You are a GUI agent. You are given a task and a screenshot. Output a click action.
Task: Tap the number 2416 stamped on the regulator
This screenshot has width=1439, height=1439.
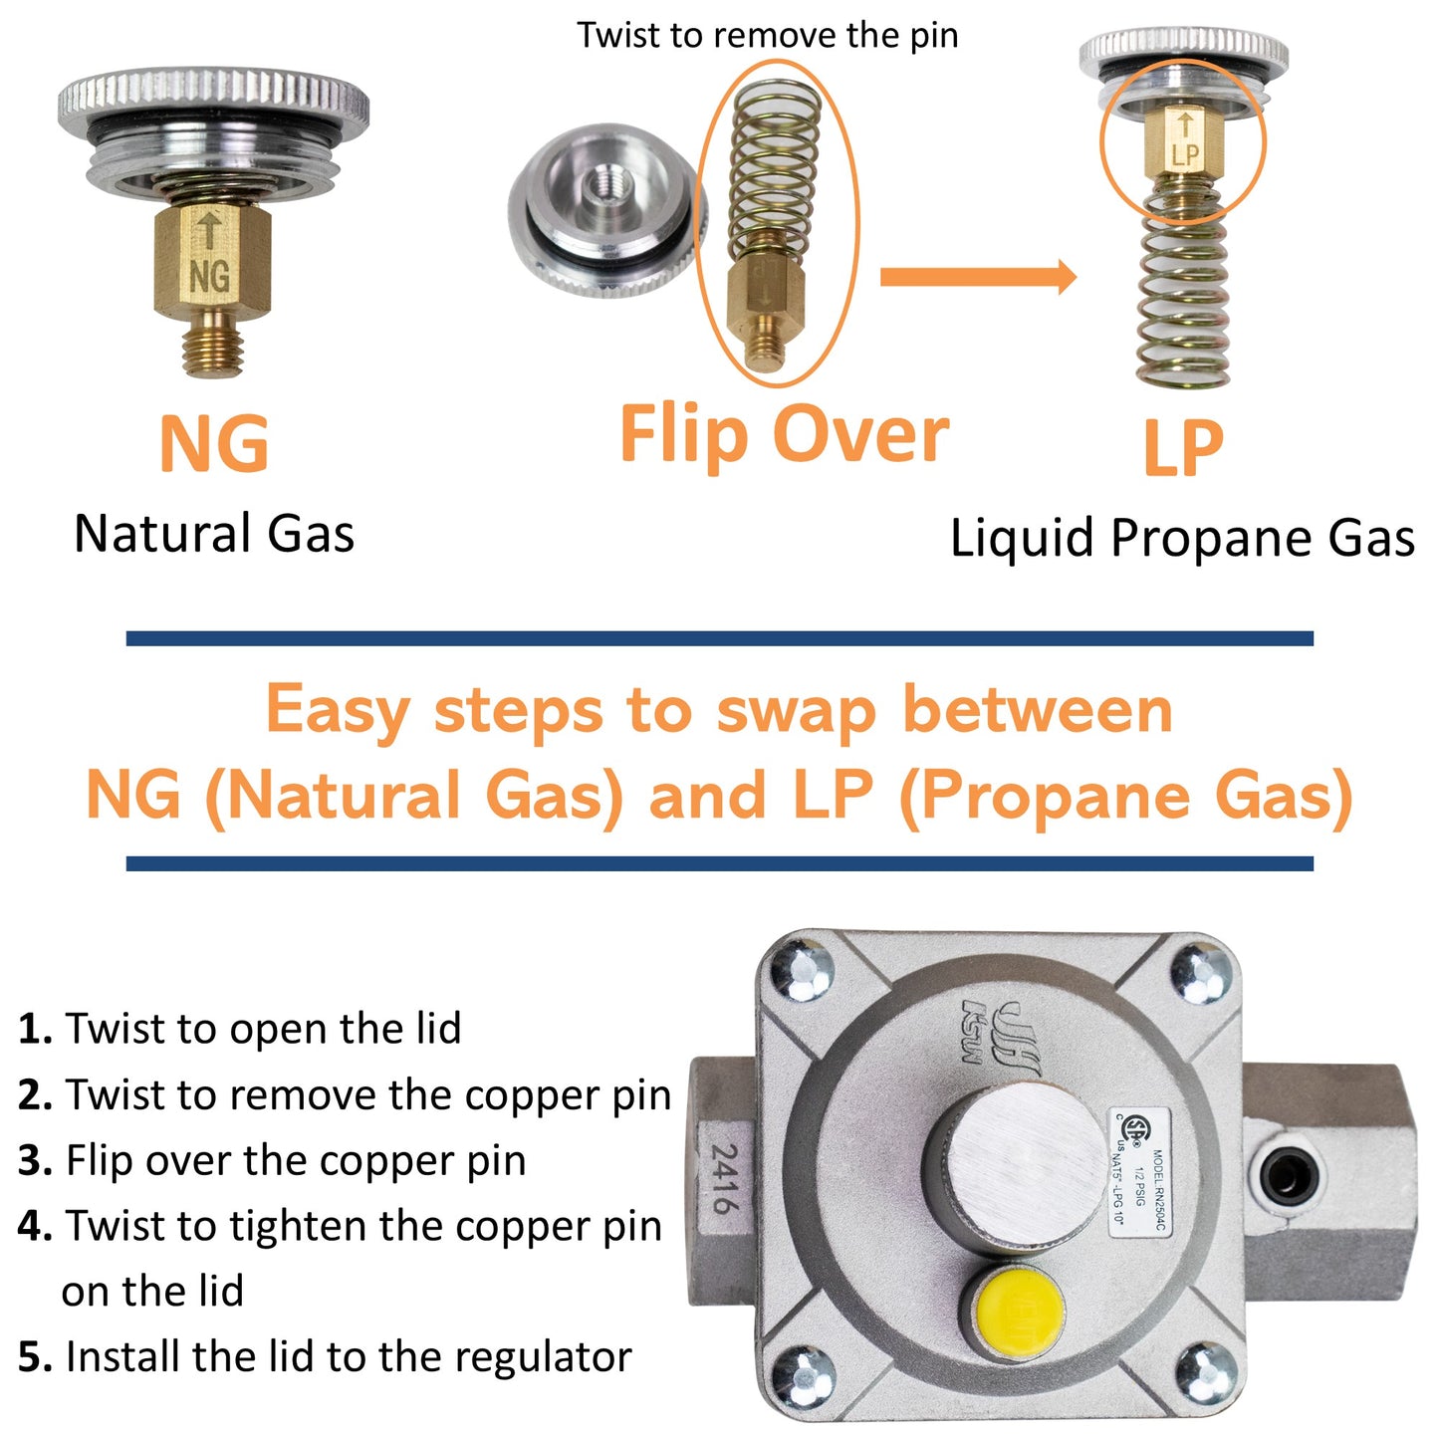click(725, 1178)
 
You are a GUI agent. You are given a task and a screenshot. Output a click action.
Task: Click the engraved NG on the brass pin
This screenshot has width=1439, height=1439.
click(209, 276)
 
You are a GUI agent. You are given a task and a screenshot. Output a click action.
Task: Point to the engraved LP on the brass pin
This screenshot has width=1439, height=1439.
click(1185, 155)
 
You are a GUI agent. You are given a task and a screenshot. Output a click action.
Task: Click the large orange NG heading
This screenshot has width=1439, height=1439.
click(214, 445)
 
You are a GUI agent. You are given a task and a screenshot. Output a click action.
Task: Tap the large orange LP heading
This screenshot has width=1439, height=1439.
click(1182, 449)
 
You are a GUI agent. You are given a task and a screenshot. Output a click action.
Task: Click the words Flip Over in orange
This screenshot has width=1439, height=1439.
click(784, 435)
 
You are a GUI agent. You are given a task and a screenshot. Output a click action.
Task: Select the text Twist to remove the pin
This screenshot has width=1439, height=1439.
click(768, 36)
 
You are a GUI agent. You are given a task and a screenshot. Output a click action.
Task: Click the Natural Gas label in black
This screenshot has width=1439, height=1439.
click(214, 534)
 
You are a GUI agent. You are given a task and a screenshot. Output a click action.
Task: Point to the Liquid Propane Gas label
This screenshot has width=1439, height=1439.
click(1182, 539)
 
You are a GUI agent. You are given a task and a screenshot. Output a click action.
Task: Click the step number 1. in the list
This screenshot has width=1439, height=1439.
click(36, 1029)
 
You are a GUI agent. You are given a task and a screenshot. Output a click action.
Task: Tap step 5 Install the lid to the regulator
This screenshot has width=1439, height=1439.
click(325, 1357)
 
